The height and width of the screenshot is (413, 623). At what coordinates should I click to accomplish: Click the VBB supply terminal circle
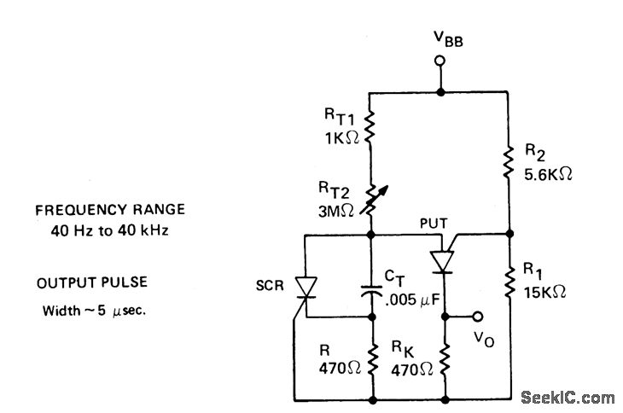point(440,61)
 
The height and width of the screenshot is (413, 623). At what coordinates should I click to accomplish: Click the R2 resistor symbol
point(509,158)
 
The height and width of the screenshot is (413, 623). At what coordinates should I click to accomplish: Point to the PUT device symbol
point(443,259)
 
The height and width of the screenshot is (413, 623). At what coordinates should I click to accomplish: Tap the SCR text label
point(271,282)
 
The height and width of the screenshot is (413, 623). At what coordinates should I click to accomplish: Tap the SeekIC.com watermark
point(567,397)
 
